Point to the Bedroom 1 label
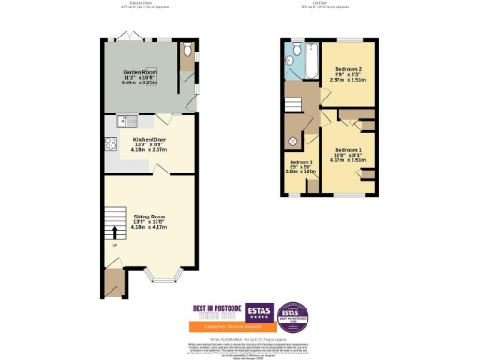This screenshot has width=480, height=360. pyautogui.click(x=349, y=150)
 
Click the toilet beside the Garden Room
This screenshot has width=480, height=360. pyautogui.click(x=187, y=50)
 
